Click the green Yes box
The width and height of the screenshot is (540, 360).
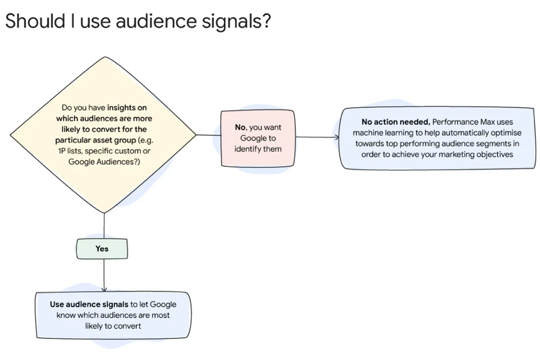pyautogui.click(x=102, y=248)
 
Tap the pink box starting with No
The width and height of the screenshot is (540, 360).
pyautogui.click(x=257, y=138)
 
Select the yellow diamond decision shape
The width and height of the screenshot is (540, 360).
pyautogui.click(x=105, y=135)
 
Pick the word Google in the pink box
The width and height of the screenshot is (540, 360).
pyautogui.click(x=249, y=138)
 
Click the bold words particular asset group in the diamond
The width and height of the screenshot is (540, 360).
pyautogui.click(x=88, y=140)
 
